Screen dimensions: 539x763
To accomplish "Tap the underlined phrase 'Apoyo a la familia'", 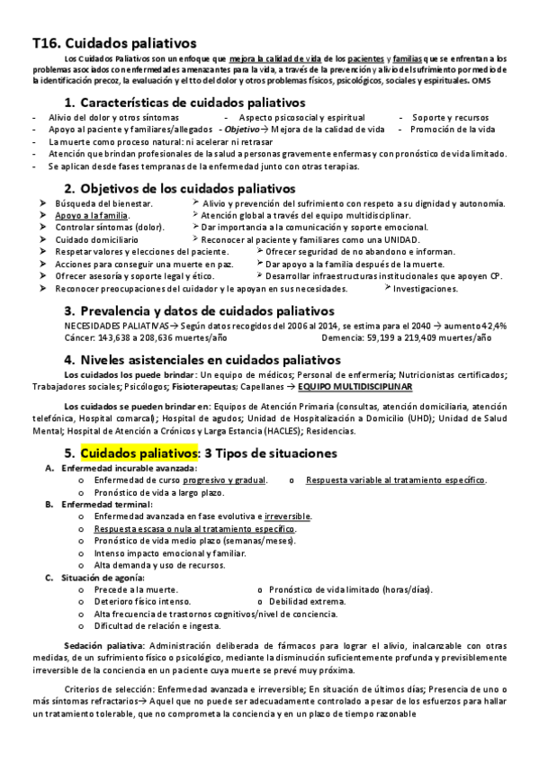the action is tap(91, 216).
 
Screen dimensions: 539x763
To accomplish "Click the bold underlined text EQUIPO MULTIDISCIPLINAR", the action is tap(360, 386).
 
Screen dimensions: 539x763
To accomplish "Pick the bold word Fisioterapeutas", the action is tap(199, 386).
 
